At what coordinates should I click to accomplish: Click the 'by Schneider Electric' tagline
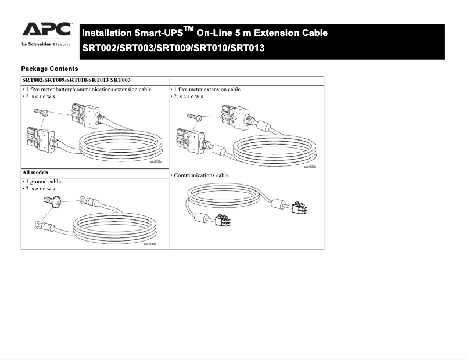tap(46, 44)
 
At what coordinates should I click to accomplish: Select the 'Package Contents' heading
tap(49, 69)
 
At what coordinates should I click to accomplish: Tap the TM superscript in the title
tap(188, 28)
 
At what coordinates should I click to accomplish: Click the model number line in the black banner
tap(173, 48)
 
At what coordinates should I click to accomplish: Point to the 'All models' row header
tap(35, 173)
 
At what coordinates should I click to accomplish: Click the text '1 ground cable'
tap(42, 182)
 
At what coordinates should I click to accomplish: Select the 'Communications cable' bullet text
tap(200, 175)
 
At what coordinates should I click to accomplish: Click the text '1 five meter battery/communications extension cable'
tap(87, 89)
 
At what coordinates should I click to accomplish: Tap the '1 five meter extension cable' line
tap(206, 89)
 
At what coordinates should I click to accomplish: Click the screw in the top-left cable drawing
tap(40, 112)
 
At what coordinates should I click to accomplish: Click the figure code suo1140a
tap(150, 244)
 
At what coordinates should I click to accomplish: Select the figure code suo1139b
tap(310, 167)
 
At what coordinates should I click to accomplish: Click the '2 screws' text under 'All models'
tap(39, 189)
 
